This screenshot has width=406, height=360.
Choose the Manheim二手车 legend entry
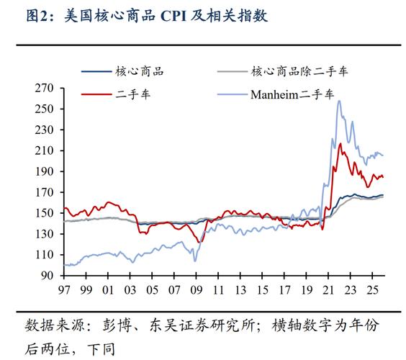pyautogui.click(x=292, y=94)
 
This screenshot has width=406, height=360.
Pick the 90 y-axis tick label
pyautogui.click(x=50, y=276)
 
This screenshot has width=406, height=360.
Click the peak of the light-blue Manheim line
pyautogui.click(x=339, y=100)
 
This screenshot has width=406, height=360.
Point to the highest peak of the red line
pyautogui.click(x=340, y=144)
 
